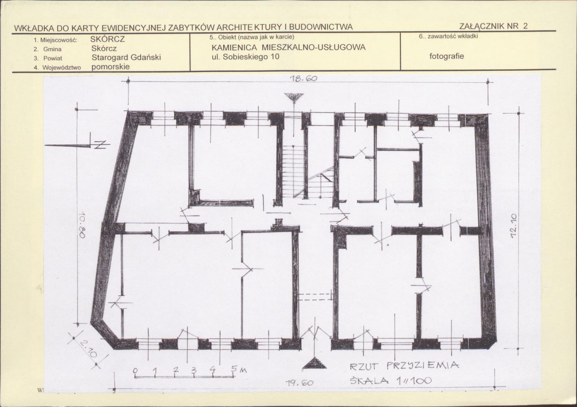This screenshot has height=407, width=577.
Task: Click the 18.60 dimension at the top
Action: coord(303,78)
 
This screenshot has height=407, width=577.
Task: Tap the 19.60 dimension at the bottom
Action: coord(299,383)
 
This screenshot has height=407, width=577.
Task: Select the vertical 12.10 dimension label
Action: coord(514,226)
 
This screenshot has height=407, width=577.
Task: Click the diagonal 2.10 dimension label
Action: coord(88,348)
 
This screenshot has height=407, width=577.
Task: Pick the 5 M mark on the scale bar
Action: coord(237,369)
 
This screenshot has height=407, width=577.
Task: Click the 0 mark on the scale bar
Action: coord(135,370)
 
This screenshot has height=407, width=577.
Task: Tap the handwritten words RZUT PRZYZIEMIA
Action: coord(404,366)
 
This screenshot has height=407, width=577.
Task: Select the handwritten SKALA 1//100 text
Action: coord(391,381)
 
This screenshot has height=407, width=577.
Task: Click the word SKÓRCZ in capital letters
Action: coord(107,39)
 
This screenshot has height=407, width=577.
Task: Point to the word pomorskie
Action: coord(110,67)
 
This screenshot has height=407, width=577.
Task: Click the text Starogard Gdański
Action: coord(126,57)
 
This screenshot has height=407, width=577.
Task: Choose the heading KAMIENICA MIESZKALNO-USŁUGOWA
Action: coord(289,48)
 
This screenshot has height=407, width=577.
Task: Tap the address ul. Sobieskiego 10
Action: coord(245,57)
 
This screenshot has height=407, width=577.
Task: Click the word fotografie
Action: coord(447,56)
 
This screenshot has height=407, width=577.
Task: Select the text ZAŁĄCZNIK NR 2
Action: coord(493,26)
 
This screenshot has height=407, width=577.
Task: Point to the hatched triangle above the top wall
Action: coord(294,98)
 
